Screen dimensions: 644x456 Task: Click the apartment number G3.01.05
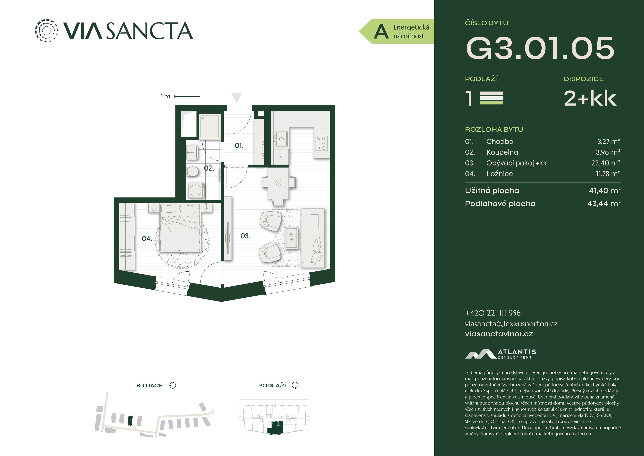[540, 48]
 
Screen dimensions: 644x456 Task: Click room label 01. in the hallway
[239, 146]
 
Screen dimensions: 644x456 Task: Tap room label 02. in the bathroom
[209, 168]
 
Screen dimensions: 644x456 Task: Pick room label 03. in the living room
[245, 236]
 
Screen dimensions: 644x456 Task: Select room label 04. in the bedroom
[147, 238]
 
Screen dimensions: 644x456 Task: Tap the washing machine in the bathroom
[196, 190]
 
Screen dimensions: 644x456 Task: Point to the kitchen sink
[281, 139]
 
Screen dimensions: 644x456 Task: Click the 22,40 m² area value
[606, 163]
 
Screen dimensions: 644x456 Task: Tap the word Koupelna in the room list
[502, 152]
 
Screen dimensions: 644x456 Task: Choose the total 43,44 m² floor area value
[604, 203]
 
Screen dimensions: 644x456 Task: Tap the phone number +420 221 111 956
[493, 313]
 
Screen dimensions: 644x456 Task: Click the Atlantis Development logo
[500, 354]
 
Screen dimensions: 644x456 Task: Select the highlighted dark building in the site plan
[130, 421]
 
